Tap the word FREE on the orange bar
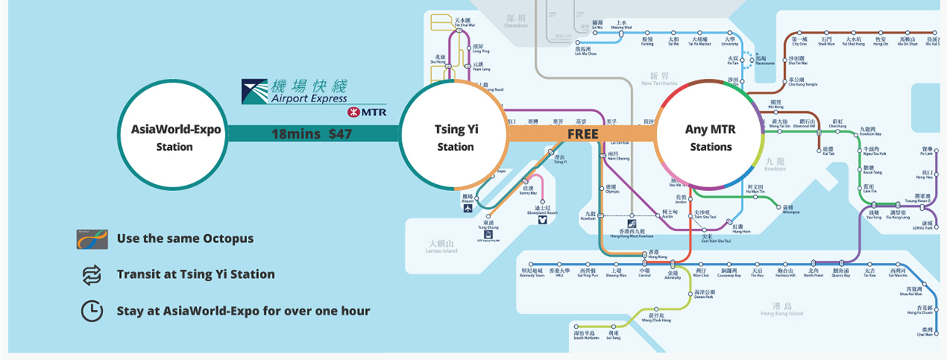pos(583,133)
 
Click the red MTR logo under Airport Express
pos(366,112)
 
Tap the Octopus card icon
pos(92,239)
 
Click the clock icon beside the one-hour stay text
pos(92,311)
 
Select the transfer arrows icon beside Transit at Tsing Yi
pos(92,274)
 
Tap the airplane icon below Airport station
pos(468,207)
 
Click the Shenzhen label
pos(515,21)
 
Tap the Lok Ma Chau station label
pos(586,51)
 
